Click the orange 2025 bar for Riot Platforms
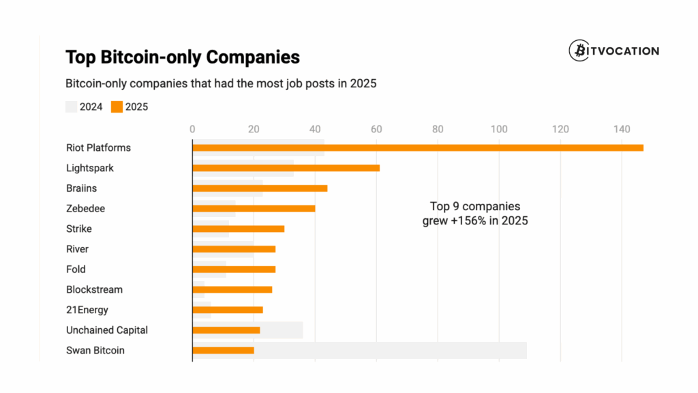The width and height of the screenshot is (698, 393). [x=417, y=147]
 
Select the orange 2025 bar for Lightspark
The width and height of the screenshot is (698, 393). [x=286, y=168]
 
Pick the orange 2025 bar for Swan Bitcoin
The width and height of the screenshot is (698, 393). [x=223, y=351]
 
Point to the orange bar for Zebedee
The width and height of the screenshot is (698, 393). [x=254, y=208]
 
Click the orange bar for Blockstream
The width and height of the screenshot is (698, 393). [x=232, y=289]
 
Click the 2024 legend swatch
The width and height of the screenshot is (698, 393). [x=71, y=106]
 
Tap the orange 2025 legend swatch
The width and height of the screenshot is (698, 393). [x=117, y=106]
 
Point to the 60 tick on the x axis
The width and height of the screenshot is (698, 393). [x=376, y=129]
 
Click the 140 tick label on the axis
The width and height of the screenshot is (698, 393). [x=622, y=129]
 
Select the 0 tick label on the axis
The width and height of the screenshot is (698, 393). [x=192, y=129]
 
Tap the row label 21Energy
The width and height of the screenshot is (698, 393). [x=87, y=310]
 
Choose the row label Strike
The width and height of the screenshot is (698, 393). [x=79, y=229]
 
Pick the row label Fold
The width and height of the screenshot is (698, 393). [x=76, y=270]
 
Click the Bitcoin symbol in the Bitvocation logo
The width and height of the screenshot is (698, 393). [x=579, y=51]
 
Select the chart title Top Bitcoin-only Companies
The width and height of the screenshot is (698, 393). [x=182, y=57]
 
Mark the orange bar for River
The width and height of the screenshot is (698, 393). [x=234, y=249]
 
